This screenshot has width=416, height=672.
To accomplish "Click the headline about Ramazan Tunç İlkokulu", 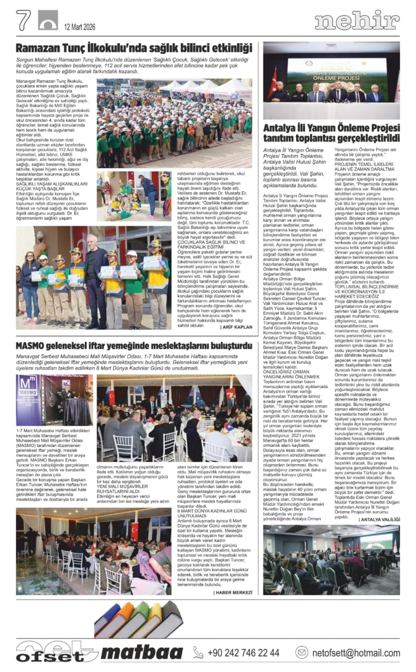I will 134,48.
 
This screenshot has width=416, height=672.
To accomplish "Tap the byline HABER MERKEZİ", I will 233,592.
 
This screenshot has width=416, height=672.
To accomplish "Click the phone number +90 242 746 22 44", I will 239,653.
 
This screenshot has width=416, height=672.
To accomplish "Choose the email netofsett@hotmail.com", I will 356,653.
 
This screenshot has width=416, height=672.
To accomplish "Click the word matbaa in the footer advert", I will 142,653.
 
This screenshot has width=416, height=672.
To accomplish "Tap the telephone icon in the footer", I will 198,653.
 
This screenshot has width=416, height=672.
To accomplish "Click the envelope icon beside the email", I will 302,653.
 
